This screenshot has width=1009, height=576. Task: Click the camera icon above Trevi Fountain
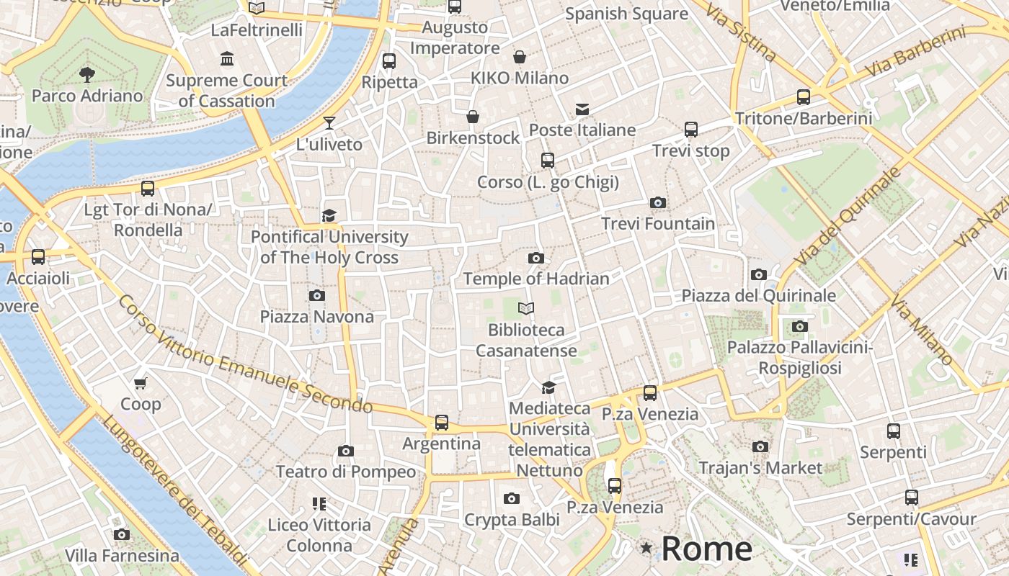click(x=657, y=203)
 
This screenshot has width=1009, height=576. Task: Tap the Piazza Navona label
click(x=317, y=317)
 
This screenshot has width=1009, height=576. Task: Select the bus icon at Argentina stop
click(x=442, y=423)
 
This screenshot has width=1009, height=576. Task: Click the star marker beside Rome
click(x=646, y=549)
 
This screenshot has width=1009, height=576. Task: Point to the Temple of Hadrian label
click(x=536, y=279)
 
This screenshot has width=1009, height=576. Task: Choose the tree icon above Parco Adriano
click(x=87, y=74)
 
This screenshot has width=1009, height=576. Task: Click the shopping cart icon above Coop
click(x=141, y=383)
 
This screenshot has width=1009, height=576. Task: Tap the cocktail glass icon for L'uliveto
click(x=329, y=123)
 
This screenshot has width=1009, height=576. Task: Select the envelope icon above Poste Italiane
click(x=582, y=109)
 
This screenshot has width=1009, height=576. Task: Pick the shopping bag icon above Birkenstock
click(x=473, y=117)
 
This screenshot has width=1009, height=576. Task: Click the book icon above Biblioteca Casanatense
click(x=526, y=309)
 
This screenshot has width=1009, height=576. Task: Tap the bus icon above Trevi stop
click(x=691, y=130)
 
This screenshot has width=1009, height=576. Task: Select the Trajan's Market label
click(x=760, y=468)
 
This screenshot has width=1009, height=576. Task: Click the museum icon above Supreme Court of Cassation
click(x=227, y=58)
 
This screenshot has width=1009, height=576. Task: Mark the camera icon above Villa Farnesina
click(x=122, y=534)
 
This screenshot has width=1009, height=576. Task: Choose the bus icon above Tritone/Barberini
click(x=804, y=97)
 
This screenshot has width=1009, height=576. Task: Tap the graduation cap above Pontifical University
click(x=329, y=215)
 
